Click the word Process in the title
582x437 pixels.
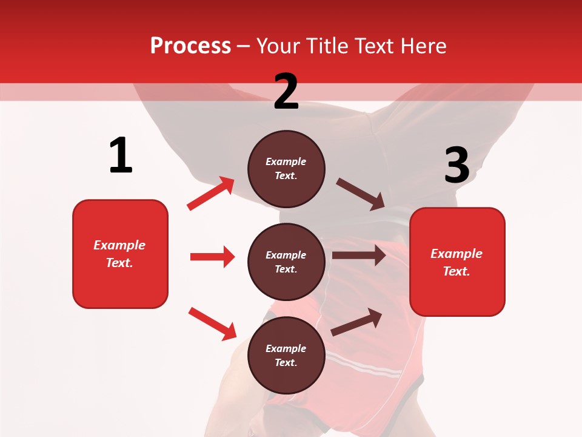pyautogui.click(x=190, y=46)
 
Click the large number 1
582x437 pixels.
pyautogui.click(x=121, y=156)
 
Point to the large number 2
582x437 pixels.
pyautogui.click(x=286, y=92)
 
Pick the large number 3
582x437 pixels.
pyautogui.click(x=457, y=166)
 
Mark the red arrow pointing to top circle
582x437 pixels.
pyautogui.click(x=211, y=194)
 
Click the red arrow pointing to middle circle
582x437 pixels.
pyautogui.click(x=212, y=257)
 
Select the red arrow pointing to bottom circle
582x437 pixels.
pyautogui.click(x=212, y=324)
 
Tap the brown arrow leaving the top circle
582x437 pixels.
pyautogui.click(x=360, y=194)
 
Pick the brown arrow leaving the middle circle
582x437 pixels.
pyautogui.click(x=359, y=256)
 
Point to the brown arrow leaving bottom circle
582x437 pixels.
pyautogui.click(x=356, y=322)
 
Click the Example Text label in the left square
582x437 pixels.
pyautogui.click(x=120, y=254)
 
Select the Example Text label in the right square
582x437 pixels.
pyautogui.click(x=457, y=262)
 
